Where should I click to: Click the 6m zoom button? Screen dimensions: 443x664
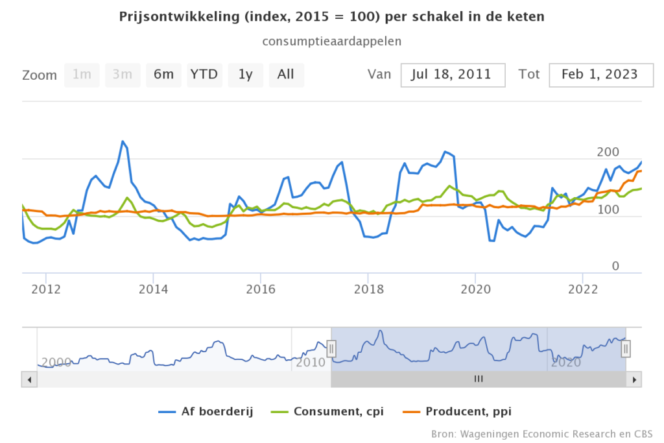tap(163, 75)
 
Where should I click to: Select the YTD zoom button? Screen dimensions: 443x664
tap(204, 75)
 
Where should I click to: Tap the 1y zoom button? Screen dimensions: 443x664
tap(245, 75)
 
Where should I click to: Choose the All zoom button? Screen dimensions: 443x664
tap(286, 75)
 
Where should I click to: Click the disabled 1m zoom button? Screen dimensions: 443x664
tap(82, 75)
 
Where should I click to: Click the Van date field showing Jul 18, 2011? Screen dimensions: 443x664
tap(453, 75)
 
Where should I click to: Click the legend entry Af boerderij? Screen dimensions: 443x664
tap(206, 411)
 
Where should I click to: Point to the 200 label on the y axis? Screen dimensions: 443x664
tap(608, 152)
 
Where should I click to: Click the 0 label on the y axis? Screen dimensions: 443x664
tap(615, 267)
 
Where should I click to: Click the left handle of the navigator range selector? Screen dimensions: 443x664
tap(331, 349)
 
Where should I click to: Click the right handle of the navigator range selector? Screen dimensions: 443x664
tap(626, 349)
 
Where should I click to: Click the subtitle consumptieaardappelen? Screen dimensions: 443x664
tap(331, 41)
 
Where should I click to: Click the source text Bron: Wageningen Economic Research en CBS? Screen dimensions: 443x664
tap(542, 433)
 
